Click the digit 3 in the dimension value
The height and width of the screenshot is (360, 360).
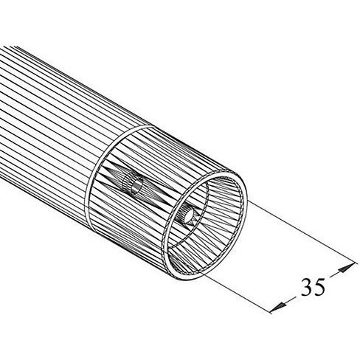coord(307,287)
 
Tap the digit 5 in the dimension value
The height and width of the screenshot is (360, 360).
coord(319,287)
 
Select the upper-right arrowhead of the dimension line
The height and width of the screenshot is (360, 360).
coord(347,268)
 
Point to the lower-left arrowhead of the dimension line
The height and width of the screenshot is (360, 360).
coord(280,307)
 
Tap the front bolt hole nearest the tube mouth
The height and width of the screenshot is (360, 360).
coord(189,215)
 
